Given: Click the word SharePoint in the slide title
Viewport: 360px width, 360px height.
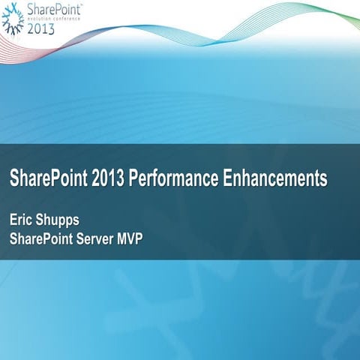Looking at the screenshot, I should (44, 179).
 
